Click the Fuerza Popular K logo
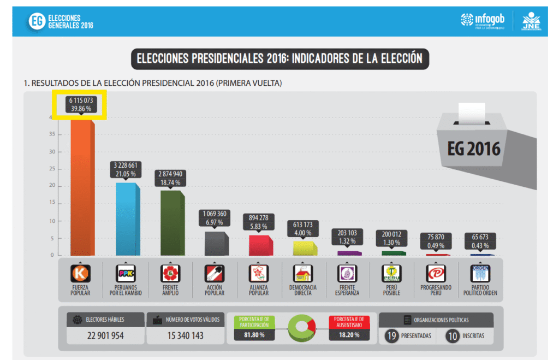[x=80, y=273]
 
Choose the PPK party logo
[x=126, y=273]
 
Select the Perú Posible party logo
[x=391, y=273]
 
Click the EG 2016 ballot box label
[x=473, y=149]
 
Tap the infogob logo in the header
[x=482, y=20]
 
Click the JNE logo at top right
[x=531, y=21]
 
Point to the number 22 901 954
[x=105, y=335]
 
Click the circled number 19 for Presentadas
[x=391, y=336]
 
